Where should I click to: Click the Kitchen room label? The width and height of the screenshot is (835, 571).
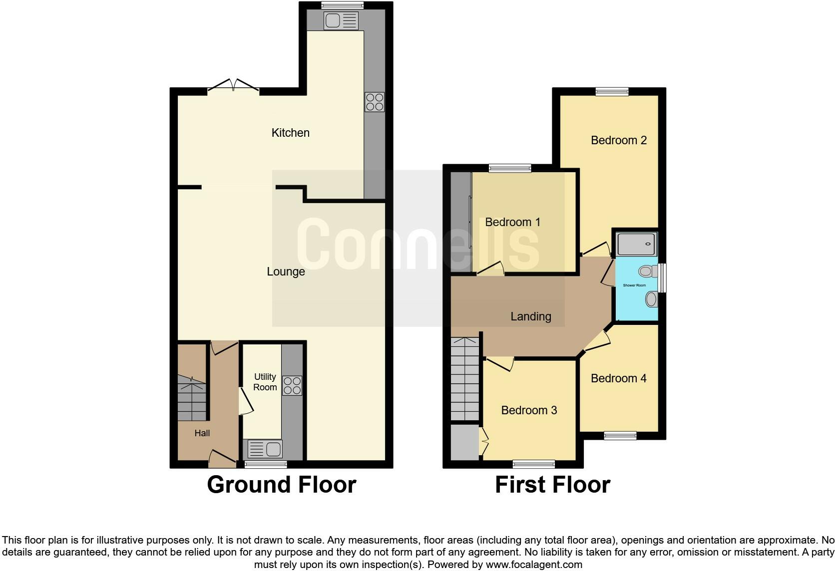(x=290, y=133)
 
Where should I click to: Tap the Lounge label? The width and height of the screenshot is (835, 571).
(x=286, y=272)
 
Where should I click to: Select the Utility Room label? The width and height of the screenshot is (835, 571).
(x=265, y=382)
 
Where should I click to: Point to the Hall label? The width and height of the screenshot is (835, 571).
(x=202, y=433)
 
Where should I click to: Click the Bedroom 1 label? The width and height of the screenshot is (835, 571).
(x=512, y=222)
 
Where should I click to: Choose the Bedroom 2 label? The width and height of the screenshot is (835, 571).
(x=618, y=140)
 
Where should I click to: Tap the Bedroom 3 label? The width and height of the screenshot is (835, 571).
(x=529, y=410)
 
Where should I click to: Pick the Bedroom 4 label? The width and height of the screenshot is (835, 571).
(x=618, y=378)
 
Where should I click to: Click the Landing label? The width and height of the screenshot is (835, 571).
(x=530, y=316)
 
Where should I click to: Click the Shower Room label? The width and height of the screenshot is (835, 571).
(x=634, y=285)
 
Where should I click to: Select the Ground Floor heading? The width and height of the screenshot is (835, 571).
(x=281, y=485)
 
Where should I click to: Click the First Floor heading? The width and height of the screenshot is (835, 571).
(x=552, y=485)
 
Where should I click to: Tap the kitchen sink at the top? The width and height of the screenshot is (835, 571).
(x=341, y=20)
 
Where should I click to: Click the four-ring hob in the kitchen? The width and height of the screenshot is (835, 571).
(x=375, y=102)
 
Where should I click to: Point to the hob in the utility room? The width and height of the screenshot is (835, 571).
(x=292, y=385)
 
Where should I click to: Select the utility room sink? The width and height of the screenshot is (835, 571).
(x=265, y=449)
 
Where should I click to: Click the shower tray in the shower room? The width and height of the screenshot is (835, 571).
(x=635, y=245)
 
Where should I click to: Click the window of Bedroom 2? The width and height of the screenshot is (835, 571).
(x=612, y=91)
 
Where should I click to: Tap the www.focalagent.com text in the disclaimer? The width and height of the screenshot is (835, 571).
(x=534, y=565)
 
